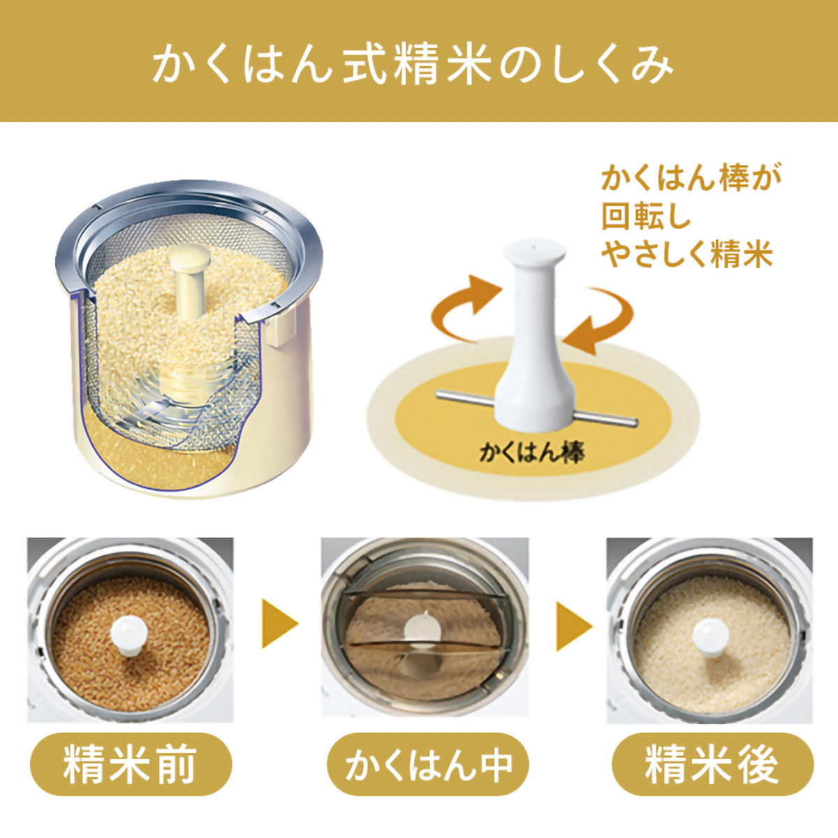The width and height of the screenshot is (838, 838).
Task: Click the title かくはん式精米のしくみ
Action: (413, 68)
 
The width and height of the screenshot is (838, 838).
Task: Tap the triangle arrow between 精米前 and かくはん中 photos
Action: (279, 624)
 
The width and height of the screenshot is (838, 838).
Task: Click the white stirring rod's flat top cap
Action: (535, 252)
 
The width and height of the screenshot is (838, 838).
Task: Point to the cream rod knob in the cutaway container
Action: (189, 256)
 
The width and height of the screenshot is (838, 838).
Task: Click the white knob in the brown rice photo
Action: (128, 634)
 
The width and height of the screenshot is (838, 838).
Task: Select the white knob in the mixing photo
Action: (422, 626)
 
